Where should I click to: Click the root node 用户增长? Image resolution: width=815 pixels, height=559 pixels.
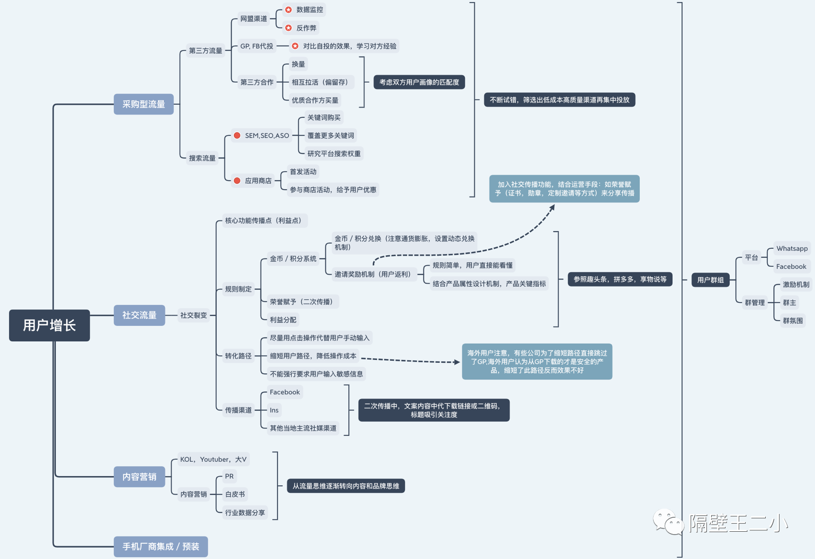pos(49,325)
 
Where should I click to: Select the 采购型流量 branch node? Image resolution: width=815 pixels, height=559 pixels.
pos(144,104)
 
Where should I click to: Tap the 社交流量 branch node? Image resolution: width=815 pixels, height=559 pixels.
pos(139,315)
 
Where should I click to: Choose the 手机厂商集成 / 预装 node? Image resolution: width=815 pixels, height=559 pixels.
pos(161,547)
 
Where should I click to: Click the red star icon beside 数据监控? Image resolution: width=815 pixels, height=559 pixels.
pos(289,10)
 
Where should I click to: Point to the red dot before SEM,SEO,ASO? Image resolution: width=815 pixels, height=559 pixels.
pos(237,135)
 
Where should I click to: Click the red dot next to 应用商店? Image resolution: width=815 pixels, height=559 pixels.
pos(237,180)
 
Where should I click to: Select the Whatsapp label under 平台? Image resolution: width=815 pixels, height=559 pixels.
pos(792,248)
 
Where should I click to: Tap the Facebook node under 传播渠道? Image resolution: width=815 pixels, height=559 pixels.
pos(285,392)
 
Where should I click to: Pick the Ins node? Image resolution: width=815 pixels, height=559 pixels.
pos(274,410)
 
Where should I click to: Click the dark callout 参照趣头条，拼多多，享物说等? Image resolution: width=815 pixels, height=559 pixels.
pos(620,279)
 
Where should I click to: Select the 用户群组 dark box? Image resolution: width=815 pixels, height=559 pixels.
pos(710,280)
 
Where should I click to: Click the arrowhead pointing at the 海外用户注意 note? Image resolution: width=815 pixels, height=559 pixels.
pos(457,362)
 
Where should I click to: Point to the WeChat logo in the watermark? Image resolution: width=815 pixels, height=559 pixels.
pos(668,522)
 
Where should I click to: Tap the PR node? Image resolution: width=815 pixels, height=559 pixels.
pos(229,476)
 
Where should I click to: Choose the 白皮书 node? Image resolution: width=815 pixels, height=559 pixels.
pos(234,494)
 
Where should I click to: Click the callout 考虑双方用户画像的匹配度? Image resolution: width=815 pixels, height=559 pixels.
pos(419,82)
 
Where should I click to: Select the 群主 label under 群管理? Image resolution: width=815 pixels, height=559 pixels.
pos(789,302)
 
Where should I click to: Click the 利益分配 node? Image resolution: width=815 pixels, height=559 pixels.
pos(283,320)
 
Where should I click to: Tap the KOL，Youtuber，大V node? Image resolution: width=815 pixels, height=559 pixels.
pos(213,459)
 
